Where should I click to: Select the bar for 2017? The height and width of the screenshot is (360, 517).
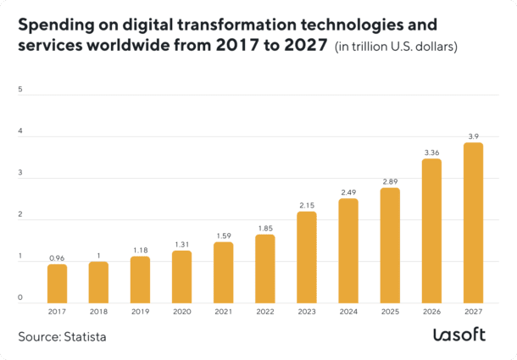57,283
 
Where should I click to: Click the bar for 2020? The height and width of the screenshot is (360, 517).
181,276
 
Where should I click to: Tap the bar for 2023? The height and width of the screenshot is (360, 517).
307,257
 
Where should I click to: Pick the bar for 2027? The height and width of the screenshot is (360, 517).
473,222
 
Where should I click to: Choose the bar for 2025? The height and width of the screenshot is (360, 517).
390,245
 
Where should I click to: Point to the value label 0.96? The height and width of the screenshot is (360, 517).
57,258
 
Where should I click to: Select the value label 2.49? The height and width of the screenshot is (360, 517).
348,192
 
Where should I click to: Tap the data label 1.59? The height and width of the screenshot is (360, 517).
224,235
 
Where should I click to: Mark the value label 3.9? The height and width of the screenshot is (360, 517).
473,136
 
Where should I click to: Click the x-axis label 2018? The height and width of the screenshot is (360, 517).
98,311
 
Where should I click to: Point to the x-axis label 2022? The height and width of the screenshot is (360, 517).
265,311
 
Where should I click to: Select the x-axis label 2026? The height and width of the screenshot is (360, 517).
431,311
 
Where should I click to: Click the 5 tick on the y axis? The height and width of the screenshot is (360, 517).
20,89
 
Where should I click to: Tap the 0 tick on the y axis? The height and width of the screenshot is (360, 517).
20,297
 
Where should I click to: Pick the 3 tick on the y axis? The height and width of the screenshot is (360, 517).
20,173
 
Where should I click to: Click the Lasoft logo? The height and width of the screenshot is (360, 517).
459,335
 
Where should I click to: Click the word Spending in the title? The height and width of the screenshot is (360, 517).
55,25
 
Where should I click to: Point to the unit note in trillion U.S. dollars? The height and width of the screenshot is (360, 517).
397,47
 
